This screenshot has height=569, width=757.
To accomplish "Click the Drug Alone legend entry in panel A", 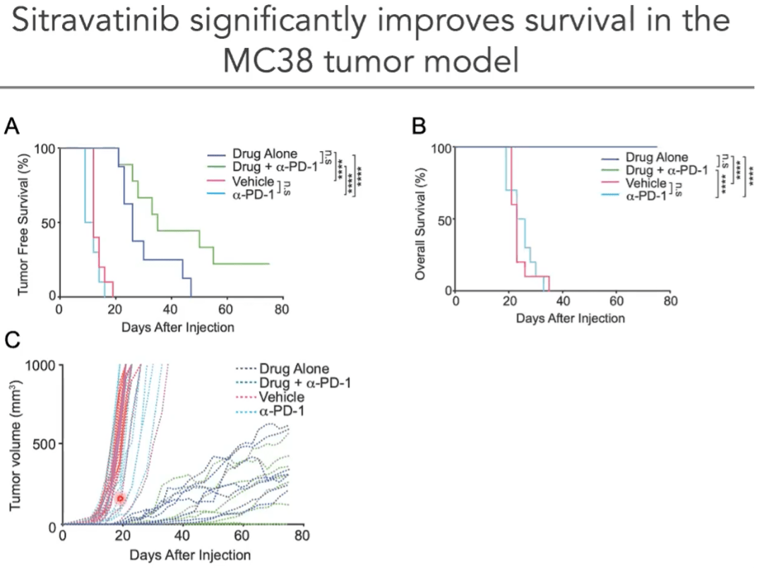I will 263,155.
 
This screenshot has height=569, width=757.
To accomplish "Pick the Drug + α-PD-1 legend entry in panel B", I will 667,170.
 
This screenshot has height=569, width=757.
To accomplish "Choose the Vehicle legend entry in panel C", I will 282,396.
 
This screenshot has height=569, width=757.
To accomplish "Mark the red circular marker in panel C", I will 120,498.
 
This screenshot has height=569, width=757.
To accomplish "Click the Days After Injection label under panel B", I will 570,318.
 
